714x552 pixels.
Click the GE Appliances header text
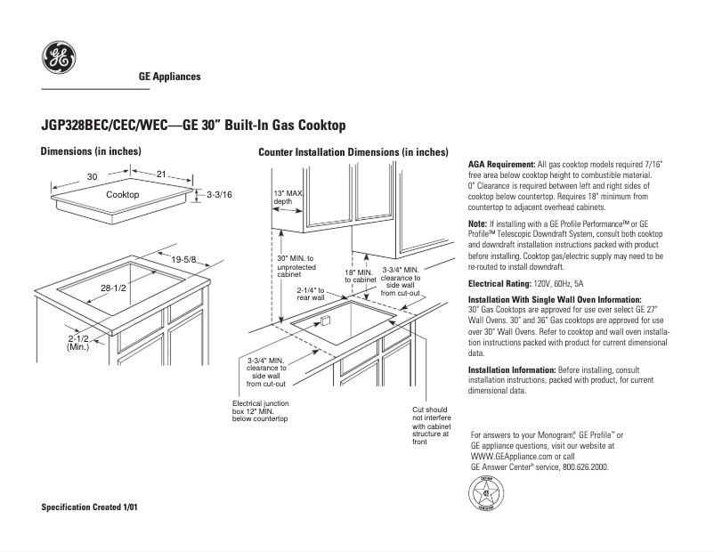point(170,77)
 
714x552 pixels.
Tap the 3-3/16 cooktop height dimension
point(219,194)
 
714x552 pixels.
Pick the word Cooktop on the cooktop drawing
point(122,194)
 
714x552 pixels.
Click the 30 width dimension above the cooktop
point(92,176)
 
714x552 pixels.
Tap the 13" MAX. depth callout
point(288,197)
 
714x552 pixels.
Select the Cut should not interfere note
point(426,426)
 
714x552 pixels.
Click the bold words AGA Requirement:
point(501,166)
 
